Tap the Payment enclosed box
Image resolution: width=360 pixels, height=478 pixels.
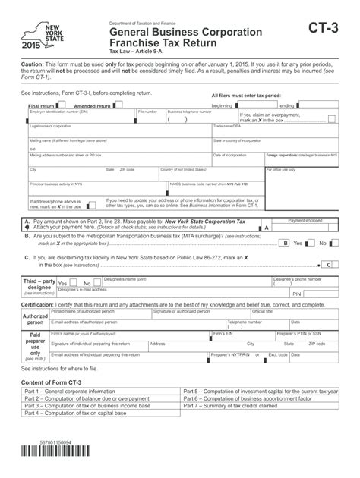point(305,227)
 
